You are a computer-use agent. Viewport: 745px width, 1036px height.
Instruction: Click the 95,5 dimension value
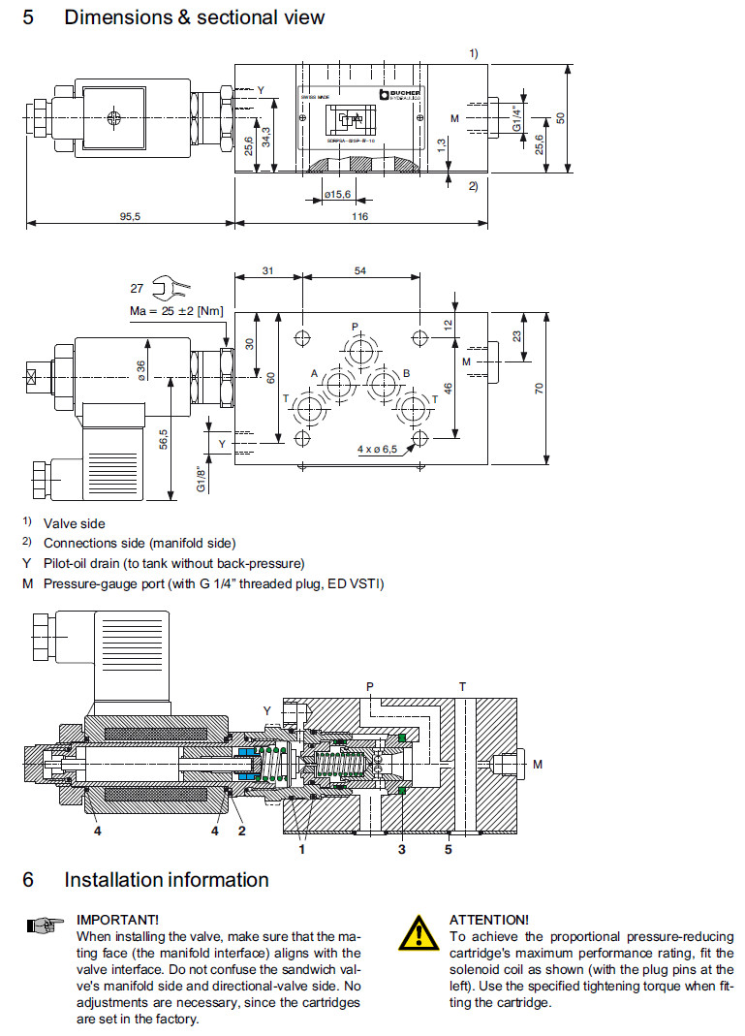[130, 217]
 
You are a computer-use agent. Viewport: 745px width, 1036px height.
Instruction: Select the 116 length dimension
[359, 217]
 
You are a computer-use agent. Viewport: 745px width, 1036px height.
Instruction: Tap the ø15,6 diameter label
[337, 195]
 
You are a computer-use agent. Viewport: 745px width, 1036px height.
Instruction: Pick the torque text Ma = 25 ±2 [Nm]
[176, 311]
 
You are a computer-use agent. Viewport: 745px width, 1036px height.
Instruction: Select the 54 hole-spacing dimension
[359, 270]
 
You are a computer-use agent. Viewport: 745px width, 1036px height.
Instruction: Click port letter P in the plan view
[355, 327]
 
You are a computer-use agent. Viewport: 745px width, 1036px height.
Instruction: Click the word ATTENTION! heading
[489, 919]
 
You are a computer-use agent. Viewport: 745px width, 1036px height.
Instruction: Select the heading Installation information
[166, 880]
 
